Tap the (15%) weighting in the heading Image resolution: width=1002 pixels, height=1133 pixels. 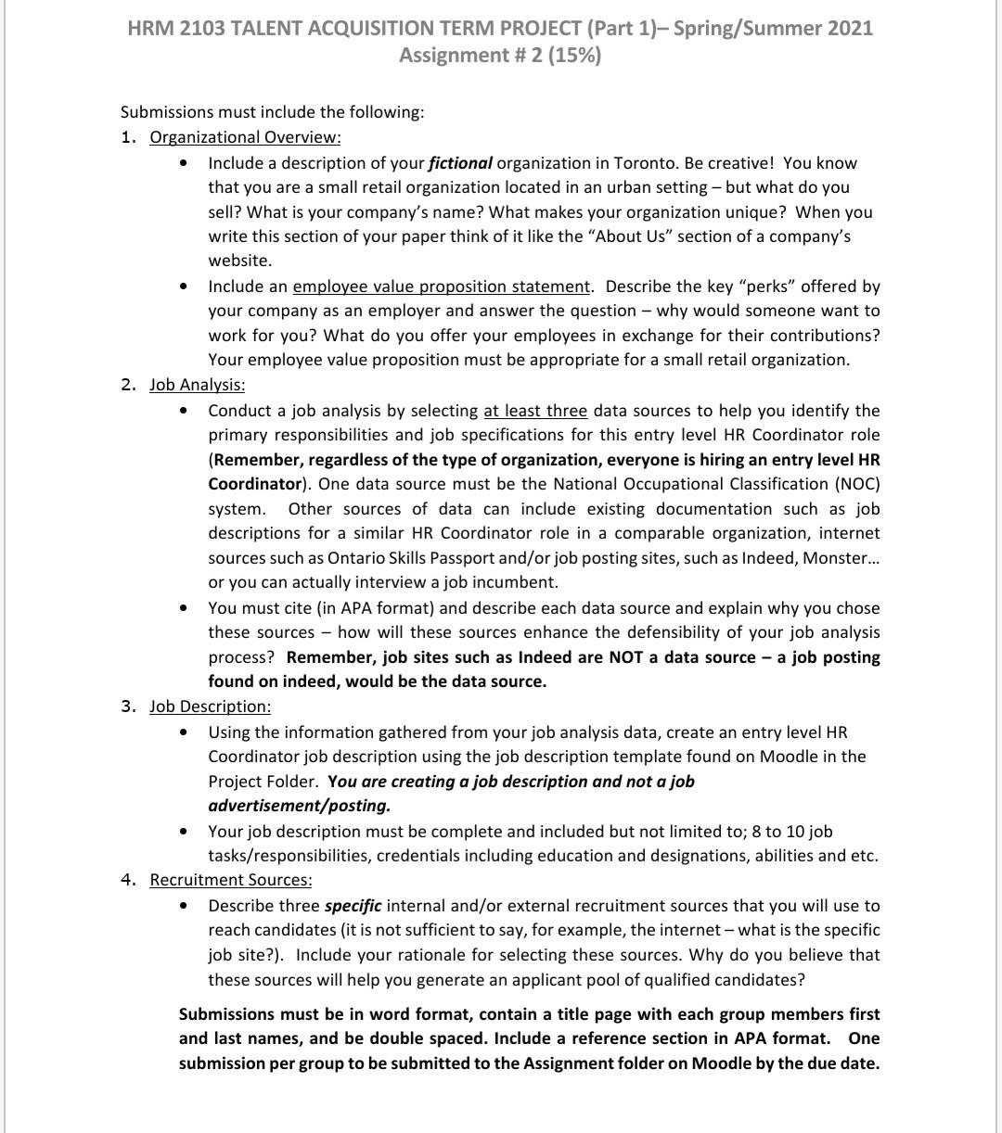(x=573, y=56)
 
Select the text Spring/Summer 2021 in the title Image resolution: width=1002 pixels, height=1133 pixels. (x=773, y=28)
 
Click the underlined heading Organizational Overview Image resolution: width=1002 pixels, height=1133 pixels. (x=245, y=137)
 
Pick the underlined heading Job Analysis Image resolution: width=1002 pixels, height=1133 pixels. (x=198, y=385)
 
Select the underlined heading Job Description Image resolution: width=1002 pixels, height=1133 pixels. (x=211, y=707)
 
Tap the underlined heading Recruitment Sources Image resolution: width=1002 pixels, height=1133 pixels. (x=231, y=880)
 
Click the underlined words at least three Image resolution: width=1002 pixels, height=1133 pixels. (x=535, y=411)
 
